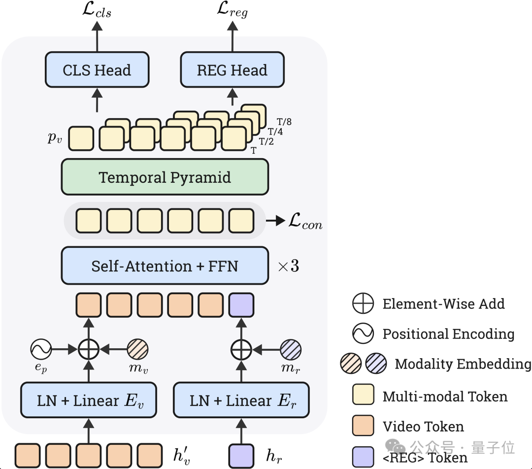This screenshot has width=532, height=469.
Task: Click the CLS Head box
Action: (97, 70)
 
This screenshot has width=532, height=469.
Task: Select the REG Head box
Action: (233, 70)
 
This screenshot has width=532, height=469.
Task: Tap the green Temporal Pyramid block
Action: (165, 177)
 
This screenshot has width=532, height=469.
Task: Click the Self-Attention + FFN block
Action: (165, 266)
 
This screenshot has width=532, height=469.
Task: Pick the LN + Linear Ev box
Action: (89, 400)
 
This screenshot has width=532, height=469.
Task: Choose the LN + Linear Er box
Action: (241, 400)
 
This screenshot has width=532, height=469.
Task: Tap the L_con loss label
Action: (305, 221)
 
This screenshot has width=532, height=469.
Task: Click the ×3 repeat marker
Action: (289, 266)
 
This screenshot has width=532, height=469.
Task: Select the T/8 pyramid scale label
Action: (284, 122)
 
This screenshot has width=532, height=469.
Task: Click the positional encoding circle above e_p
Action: (41, 349)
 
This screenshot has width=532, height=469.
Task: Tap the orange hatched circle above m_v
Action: (138, 349)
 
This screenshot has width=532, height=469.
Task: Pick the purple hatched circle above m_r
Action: (291, 350)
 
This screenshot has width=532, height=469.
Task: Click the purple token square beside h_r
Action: (241, 456)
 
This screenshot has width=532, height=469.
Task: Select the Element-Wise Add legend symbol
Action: (363, 303)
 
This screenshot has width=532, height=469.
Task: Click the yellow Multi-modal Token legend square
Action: (363, 395)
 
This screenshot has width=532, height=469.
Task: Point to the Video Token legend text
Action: (423, 427)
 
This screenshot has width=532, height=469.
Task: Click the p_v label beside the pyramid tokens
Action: (55, 137)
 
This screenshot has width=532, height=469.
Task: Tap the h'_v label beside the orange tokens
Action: (182, 455)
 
